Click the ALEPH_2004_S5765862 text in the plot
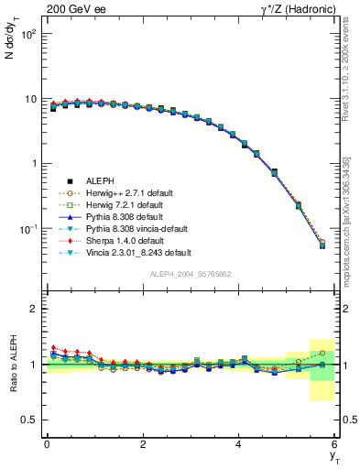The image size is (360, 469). [x=191, y=274]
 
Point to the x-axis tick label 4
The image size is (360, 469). [x=239, y=444]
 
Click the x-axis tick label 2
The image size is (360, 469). [x=143, y=444]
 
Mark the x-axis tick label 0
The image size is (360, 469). [x=47, y=444]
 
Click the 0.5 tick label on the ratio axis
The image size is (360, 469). [x=31, y=420]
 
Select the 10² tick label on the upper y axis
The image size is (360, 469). [x=29, y=34]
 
